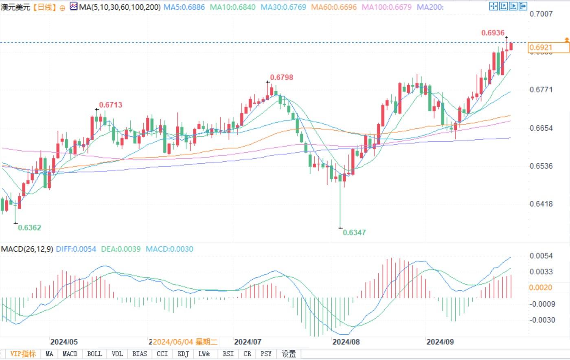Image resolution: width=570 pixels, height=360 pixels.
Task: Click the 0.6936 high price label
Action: click(x=493, y=33)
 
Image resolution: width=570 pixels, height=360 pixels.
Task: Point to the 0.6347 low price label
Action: click(x=354, y=233)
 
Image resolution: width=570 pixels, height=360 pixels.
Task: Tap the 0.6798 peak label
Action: click(x=281, y=77)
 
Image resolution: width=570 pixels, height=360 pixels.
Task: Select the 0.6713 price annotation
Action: click(x=110, y=105)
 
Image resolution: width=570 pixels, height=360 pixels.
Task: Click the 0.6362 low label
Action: click(x=29, y=228)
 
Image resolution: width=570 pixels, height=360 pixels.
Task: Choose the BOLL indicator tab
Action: click(x=94, y=354)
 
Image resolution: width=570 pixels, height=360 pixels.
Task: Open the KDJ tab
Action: click(x=183, y=354)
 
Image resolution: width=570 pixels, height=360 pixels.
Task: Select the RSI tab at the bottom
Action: click(x=228, y=354)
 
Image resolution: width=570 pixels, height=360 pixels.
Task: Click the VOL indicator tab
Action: click(x=117, y=354)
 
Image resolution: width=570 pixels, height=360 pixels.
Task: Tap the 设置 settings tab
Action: click(x=289, y=354)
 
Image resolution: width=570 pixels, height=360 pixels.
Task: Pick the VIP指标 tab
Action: click(x=23, y=354)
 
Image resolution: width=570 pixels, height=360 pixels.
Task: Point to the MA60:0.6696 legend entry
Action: click(x=333, y=7)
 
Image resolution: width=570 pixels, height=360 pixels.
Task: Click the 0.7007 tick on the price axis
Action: click(x=541, y=14)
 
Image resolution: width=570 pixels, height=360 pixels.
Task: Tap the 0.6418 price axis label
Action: click(x=541, y=204)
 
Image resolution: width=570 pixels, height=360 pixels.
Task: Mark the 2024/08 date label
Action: click(x=346, y=342)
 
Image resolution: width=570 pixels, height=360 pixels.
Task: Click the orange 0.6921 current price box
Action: click(x=548, y=48)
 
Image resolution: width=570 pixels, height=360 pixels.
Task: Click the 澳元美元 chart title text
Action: click(x=15, y=7)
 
